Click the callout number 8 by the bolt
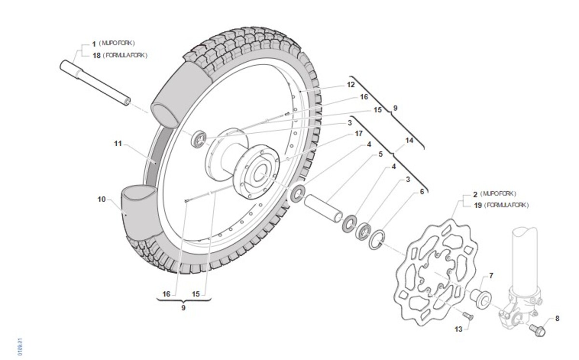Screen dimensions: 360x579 pos(557,318)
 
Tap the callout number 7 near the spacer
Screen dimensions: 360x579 pos(491,276)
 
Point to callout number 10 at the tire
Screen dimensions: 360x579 pos(102,199)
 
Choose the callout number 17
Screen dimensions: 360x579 pos(358,134)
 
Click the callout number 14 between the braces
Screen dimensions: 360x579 pos(410,141)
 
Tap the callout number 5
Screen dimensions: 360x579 pos(381,154)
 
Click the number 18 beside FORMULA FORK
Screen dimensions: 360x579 pos(96,55)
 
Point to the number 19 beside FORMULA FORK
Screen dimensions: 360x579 pos(477,205)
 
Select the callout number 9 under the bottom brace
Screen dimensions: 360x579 pos(183,307)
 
